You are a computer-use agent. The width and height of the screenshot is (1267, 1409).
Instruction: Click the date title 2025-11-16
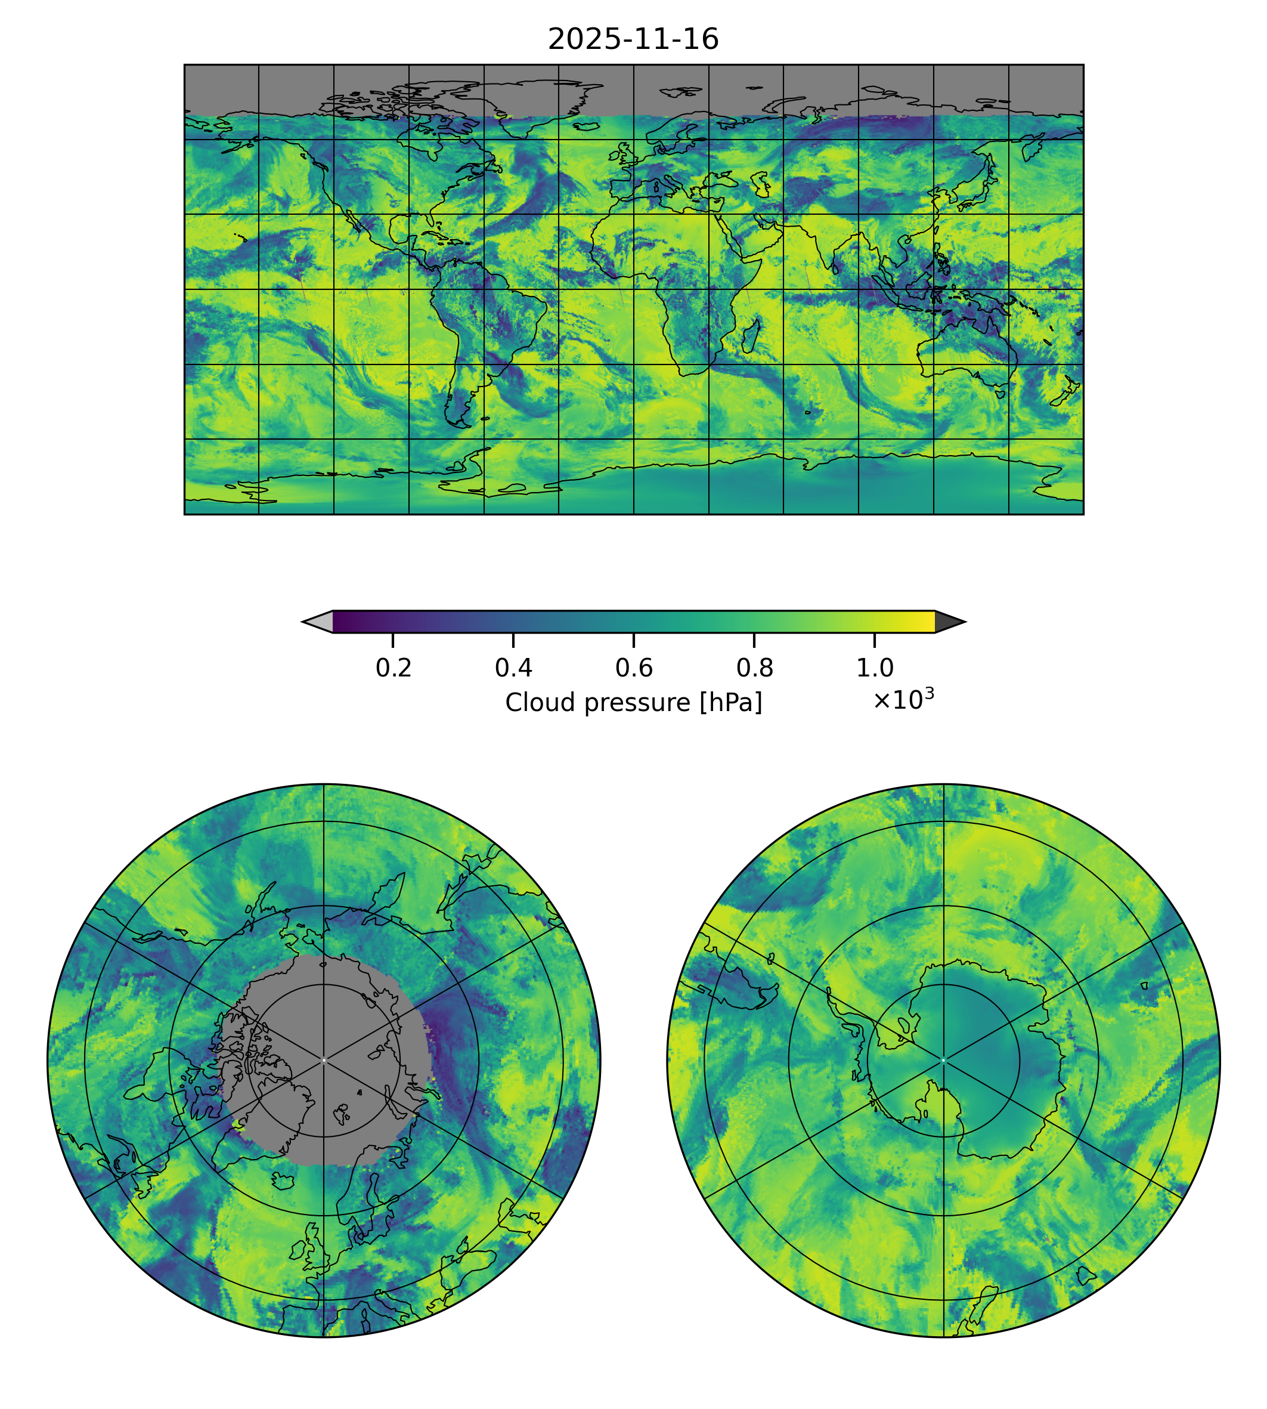coord(633,40)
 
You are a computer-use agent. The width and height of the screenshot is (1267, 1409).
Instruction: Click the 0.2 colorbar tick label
coord(394,668)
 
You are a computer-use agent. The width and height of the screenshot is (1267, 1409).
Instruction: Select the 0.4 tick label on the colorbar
coord(513,668)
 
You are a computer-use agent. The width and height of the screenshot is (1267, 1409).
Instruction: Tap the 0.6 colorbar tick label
coord(633,668)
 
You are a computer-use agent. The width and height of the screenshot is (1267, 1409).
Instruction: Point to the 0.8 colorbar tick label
coord(754,668)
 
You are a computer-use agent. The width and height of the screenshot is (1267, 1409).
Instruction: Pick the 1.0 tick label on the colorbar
coord(874,668)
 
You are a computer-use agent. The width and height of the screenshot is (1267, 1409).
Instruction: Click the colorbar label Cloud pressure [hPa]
coord(633,703)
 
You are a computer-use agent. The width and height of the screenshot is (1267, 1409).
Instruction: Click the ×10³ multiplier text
coord(903,699)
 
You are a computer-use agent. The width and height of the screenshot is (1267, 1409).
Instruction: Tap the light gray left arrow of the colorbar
coord(319,621)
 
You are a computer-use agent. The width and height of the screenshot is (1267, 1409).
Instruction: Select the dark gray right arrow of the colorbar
coord(949,621)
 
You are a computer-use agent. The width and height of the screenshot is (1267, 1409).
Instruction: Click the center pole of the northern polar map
coord(324,1060)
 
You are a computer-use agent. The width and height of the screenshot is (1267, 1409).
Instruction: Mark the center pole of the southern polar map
coord(943,1060)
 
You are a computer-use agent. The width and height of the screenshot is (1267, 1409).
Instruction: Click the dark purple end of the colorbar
coord(341,621)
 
